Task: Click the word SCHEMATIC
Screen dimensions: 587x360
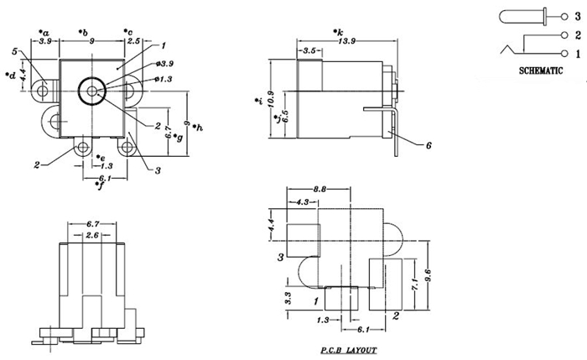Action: [541, 70]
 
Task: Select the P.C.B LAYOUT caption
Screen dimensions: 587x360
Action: [349, 351]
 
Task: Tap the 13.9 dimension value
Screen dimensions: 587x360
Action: [346, 41]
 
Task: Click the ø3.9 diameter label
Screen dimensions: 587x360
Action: [164, 64]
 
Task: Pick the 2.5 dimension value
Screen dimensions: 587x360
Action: [133, 41]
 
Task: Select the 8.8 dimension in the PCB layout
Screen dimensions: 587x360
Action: [319, 190]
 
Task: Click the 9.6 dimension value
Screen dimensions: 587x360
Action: [428, 275]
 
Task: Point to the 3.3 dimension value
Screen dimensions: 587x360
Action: [288, 298]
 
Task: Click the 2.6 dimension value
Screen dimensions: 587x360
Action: [92, 235]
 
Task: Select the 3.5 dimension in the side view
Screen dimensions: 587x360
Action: [309, 50]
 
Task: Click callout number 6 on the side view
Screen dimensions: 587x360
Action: [429, 145]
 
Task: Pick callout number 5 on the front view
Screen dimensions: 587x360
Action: [14, 51]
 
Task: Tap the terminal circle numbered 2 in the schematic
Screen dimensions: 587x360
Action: [564, 35]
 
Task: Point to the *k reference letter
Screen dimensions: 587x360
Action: [338, 32]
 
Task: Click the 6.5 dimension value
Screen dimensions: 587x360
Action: [285, 117]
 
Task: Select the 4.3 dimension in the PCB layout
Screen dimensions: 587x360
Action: [302, 202]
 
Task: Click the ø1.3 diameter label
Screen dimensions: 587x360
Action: [164, 79]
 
